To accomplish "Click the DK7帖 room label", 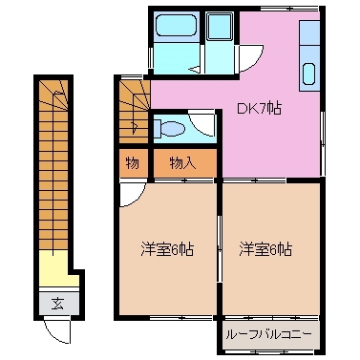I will tap(258, 109).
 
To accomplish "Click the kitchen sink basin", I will tap(310, 73).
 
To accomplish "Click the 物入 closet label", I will tap(181, 163).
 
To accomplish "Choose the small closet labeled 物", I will tap(132, 163).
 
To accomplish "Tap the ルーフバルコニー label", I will tap(270, 335).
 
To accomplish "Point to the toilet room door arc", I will tap(202, 123).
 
